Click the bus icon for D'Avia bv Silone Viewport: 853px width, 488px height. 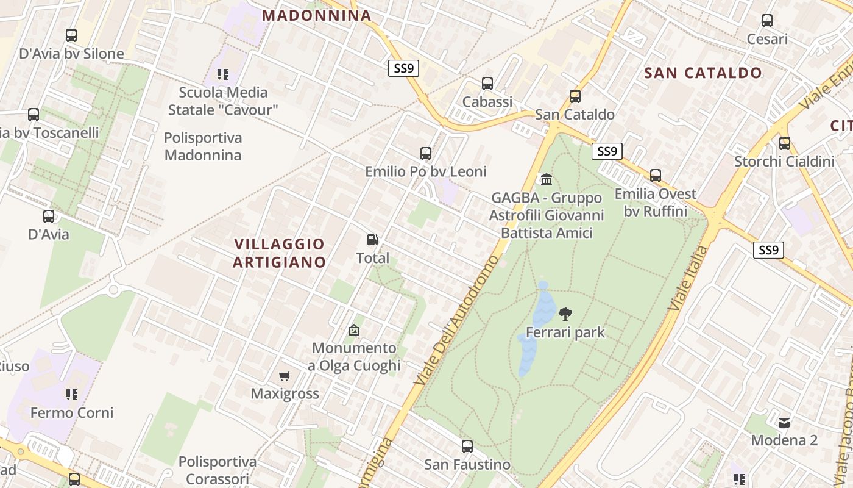pyautogui.click(x=71, y=35)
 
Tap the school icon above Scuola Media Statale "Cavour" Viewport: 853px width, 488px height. pyautogui.click(x=223, y=74)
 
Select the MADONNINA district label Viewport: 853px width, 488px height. pyautogui.click(x=317, y=16)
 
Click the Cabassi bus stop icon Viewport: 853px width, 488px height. pyautogui.click(x=487, y=84)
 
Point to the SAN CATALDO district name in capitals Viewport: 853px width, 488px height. pyautogui.click(x=703, y=73)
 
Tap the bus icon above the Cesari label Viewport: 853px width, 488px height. pyautogui.click(x=767, y=21)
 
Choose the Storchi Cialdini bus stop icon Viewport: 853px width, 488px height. pyautogui.click(x=784, y=143)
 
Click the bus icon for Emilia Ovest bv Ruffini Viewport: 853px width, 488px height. pyautogui.click(x=655, y=176)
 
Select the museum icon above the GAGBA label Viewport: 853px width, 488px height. pyautogui.click(x=547, y=180)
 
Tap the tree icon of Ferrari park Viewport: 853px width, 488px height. pyautogui.click(x=565, y=314)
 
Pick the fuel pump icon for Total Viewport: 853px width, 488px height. pyautogui.click(x=372, y=240)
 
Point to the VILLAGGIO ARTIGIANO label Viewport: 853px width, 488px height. pyautogui.click(x=280, y=253)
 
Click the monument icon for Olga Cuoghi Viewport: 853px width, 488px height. pyautogui.click(x=353, y=330)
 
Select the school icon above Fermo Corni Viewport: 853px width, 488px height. pyautogui.click(x=72, y=395)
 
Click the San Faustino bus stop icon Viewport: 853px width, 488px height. pyautogui.click(x=467, y=447)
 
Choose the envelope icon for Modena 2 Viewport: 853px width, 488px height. pyautogui.click(x=784, y=422)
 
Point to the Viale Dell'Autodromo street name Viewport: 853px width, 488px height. pyautogui.click(x=456, y=320)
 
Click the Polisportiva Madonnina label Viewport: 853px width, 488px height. pyautogui.click(x=203, y=146)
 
